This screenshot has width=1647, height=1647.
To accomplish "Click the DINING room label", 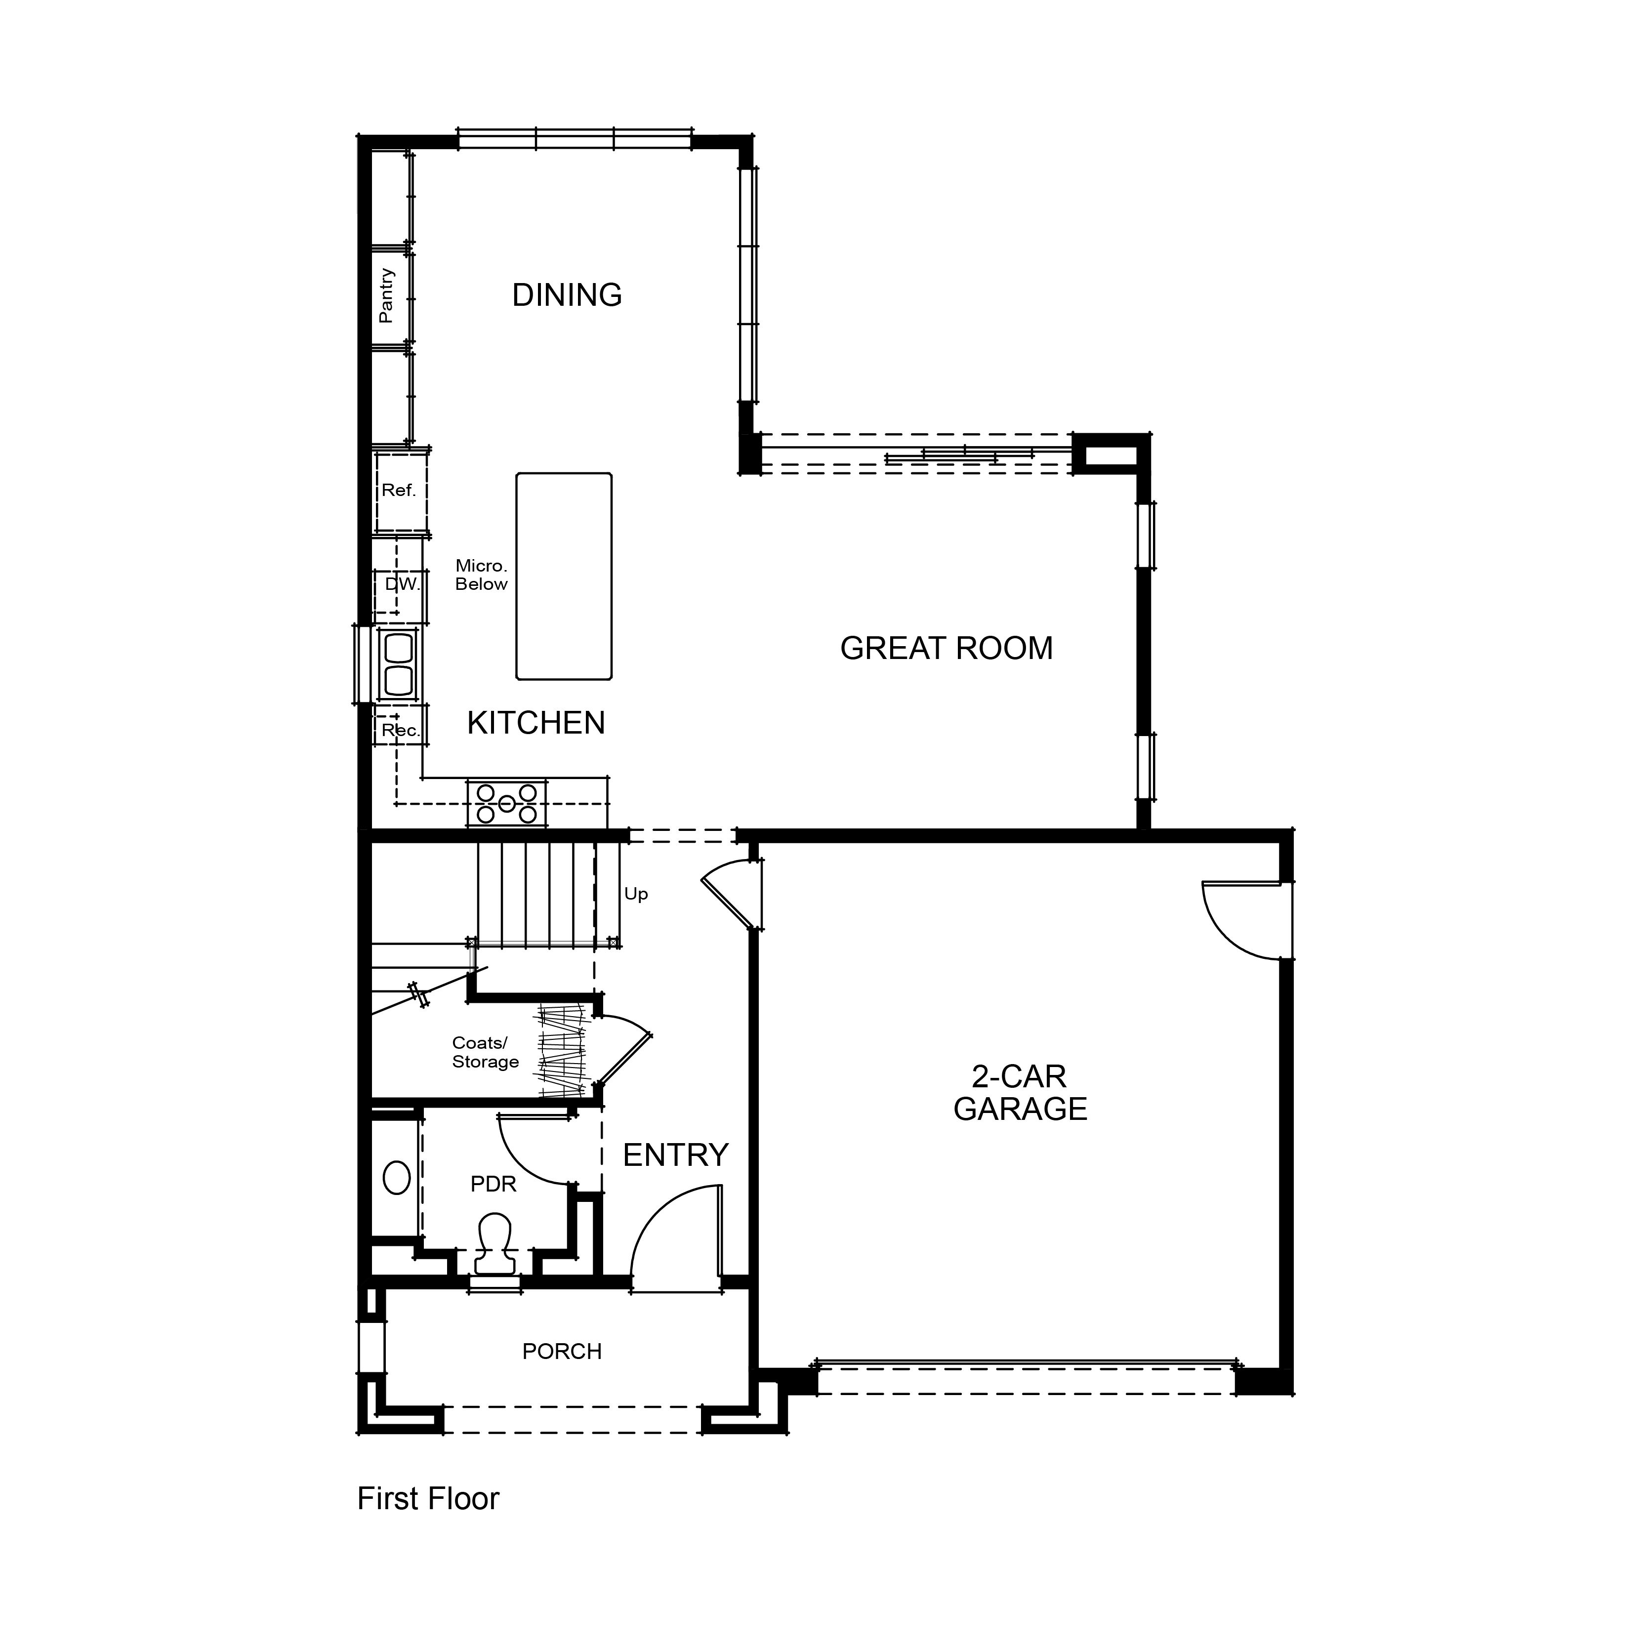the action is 567,295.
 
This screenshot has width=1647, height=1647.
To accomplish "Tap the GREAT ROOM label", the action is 946,649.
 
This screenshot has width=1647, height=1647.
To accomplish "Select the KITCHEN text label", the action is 536,723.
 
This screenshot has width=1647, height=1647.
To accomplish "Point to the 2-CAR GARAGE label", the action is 1021,1093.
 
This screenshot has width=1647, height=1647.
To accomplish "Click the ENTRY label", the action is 676,1155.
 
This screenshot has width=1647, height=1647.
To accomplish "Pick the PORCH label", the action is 562,1351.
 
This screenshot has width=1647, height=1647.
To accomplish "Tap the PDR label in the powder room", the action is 494,1184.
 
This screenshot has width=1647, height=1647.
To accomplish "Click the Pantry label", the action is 386,296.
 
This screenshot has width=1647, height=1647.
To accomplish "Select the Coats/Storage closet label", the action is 485,1052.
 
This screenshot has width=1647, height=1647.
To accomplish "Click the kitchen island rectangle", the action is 564,576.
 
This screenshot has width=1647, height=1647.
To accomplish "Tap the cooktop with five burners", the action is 506,803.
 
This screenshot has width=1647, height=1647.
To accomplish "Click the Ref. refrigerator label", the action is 399,490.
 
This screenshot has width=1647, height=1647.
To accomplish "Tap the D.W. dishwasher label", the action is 403,584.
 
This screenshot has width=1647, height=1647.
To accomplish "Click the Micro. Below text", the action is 482,575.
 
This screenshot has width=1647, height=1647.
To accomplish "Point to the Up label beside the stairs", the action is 636,894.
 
